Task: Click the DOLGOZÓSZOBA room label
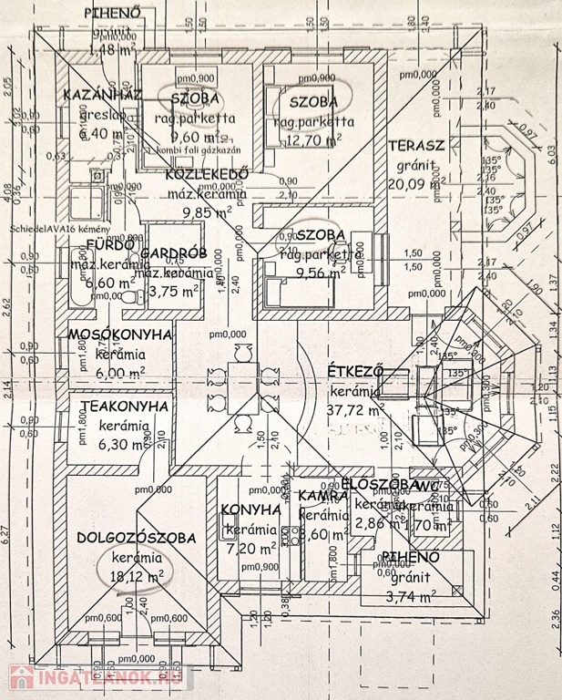137,538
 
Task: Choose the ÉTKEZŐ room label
354,371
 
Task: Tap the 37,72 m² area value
355,408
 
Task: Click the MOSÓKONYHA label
120,335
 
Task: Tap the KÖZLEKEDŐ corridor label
209,176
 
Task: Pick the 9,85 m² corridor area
209,212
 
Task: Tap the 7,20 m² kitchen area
250,548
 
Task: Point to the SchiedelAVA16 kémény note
60,228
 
